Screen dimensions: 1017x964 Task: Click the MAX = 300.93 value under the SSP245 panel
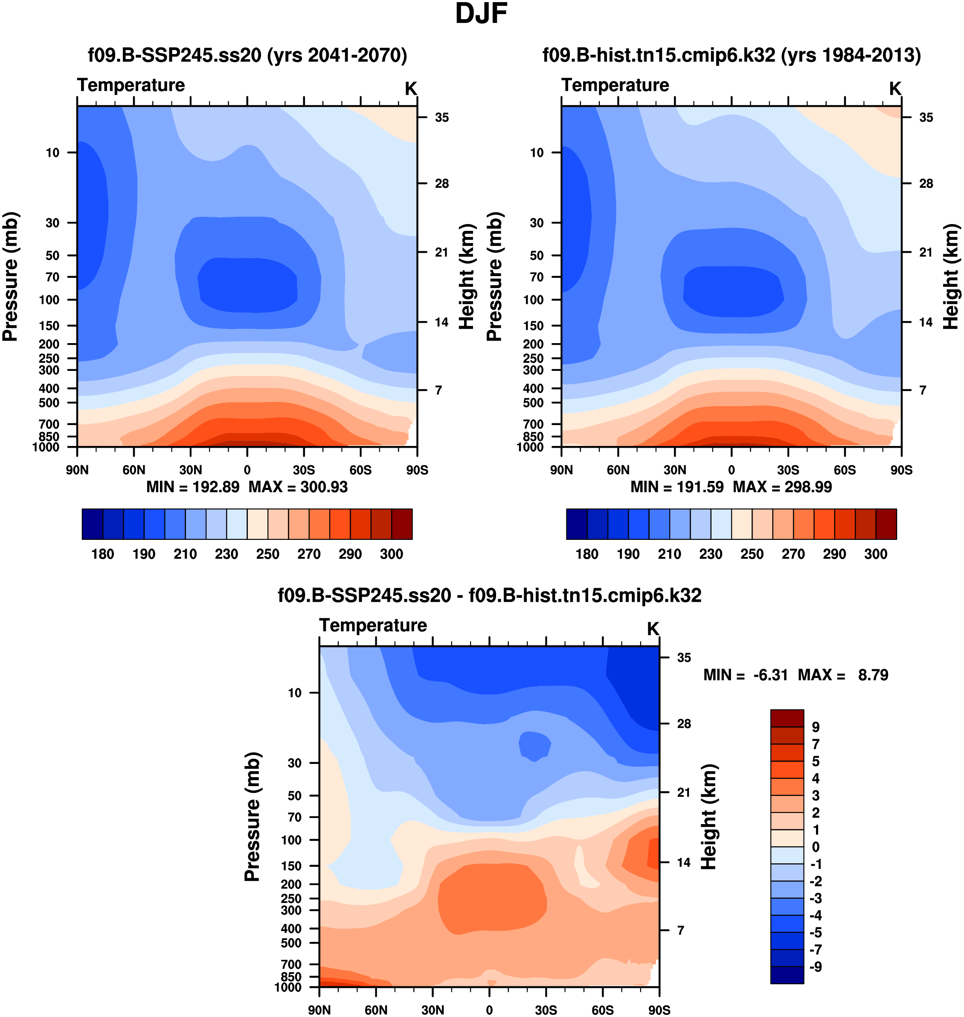tap(298, 487)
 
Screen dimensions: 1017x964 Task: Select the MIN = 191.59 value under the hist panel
tap(677, 487)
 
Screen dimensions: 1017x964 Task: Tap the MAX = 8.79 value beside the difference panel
tap(843, 675)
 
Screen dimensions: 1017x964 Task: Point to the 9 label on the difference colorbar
tap(816, 727)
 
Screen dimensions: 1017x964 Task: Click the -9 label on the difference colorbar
tap(816, 967)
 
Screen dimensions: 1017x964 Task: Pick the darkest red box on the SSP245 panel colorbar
tap(402, 524)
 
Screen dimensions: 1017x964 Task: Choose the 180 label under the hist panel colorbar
tap(587, 554)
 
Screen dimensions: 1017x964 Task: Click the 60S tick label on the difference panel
tap(602, 1010)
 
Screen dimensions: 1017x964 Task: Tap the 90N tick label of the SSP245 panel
tap(77, 470)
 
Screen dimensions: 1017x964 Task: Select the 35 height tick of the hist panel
tap(926, 118)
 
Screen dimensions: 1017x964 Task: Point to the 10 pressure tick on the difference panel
tap(294, 693)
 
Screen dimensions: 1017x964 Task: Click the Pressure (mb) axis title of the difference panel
tap(253, 818)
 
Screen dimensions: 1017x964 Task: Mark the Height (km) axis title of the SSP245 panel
tap(466, 277)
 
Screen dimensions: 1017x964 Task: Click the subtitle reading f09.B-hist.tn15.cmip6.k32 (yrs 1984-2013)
tap(732, 55)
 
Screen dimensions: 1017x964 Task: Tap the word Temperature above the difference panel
tap(373, 625)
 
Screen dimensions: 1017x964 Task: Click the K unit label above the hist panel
tap(895, 89)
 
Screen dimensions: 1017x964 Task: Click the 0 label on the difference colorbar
tap(816, 847)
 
